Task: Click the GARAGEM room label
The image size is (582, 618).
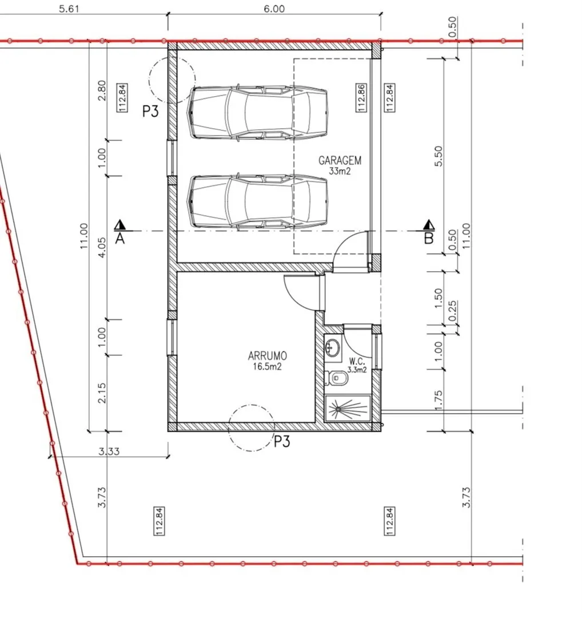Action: [340, 160]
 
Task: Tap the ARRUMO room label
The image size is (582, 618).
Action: [268, 356]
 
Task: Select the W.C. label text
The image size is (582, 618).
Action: [357, 360]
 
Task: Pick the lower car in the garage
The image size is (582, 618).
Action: [259, 201]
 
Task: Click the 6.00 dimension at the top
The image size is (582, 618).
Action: [274, 9]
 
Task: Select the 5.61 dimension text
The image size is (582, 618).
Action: [69, 9]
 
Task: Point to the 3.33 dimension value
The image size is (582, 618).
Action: [109, 451]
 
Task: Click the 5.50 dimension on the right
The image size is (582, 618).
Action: [439, 156]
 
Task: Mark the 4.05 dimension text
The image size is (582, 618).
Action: [102, 247]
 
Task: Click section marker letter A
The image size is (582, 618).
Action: [120, 239]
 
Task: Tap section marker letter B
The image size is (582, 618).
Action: [429, 239]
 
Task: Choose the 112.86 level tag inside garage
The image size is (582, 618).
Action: [361, 98]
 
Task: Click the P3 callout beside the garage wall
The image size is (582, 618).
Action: [150, 112]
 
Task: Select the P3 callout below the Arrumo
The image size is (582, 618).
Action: [282, 441]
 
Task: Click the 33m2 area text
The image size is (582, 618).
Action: [340, 171]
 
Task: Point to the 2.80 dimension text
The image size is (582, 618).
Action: [102, 90]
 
